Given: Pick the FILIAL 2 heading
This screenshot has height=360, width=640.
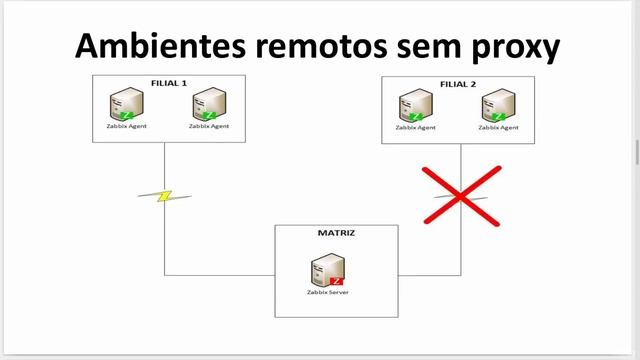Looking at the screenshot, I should point(459,84).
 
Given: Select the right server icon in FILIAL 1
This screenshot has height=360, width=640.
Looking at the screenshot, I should point(209,104).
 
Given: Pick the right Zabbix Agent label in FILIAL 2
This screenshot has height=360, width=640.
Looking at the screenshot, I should point(498,128).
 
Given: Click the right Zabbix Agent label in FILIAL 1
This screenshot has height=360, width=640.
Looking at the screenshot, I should point(209,127).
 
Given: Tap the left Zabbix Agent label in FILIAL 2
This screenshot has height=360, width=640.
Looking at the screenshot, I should point(415,128).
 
